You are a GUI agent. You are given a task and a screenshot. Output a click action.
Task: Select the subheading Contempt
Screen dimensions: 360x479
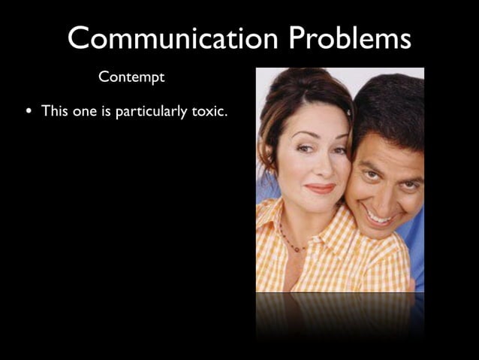pos(131,77)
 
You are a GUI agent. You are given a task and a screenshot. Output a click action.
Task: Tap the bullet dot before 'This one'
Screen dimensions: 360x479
pos(29,112)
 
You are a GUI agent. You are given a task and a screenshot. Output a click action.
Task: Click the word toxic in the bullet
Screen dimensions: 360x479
pos(209,111)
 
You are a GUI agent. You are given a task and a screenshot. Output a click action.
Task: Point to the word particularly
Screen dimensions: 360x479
pos(152,112)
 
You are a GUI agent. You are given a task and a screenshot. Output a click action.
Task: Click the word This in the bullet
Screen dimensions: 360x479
pos(55,111)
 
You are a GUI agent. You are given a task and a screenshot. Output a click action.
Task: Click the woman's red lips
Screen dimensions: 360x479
pos(320,188)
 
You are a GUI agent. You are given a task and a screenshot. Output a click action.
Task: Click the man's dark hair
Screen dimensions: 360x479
pos(390,105)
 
